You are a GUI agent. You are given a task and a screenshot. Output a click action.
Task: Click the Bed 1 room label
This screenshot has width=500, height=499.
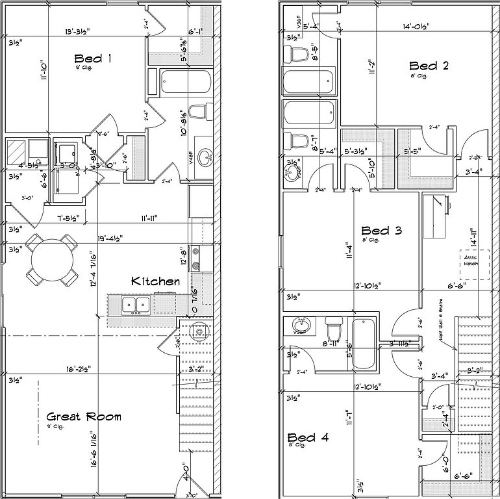click(94, 59)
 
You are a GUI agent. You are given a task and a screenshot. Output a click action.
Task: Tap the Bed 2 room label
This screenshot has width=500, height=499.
click(429, 66)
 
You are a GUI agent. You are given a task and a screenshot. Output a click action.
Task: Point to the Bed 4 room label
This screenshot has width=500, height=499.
click(308, 437)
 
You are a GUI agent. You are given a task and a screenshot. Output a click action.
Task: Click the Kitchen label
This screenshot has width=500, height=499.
click(155, 281)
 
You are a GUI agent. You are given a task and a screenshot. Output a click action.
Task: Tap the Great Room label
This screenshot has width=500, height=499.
click(84, 416)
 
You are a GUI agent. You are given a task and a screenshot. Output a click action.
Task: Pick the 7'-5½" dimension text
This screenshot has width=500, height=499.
click(68, 218)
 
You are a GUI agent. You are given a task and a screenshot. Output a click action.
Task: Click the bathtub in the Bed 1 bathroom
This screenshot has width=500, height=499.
click(186, 83)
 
